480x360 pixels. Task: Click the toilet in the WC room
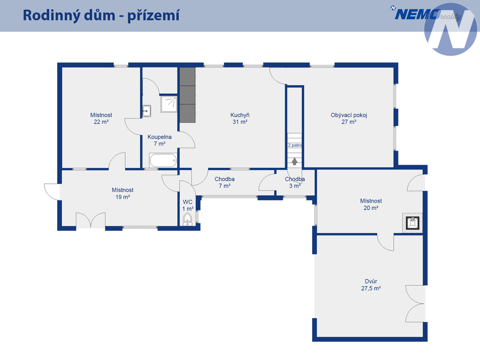tap(187, 219)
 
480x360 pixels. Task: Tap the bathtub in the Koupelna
tap(163, 160)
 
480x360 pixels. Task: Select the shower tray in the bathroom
tap(169, 104)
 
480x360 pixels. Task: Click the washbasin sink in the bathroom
tap(147, 111)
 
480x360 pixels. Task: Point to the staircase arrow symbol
tap(294, 161)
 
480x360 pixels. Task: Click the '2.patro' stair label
tap(295, 145)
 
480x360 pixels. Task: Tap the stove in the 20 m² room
tap(412, 223)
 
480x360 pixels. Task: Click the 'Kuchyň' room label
tap(240, 115)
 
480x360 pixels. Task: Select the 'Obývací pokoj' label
tap(349, 115)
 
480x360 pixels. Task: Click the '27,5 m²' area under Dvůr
tap(371, 288)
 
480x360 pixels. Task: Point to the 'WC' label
tap(187, 202)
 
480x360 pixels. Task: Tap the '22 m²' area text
tap(101, 122)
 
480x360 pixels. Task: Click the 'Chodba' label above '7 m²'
tap(225, 179)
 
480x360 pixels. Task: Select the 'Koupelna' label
tap(159, 137)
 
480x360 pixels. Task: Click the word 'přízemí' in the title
tap(153, 15)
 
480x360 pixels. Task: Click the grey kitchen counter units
tap(187, 95)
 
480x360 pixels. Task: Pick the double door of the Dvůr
tap(415, 304)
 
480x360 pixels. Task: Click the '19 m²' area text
tap(123, 197)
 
